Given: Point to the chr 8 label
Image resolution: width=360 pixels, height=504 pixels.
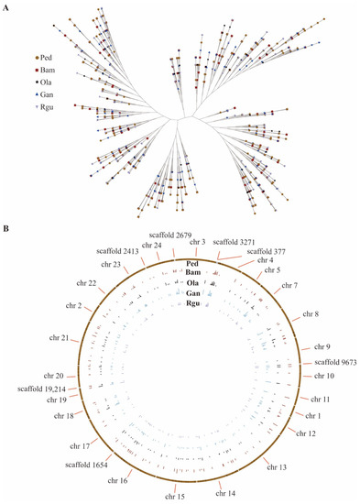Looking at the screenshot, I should coord(310,314).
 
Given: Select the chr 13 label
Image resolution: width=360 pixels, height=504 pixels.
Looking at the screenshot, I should coord(278,467).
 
